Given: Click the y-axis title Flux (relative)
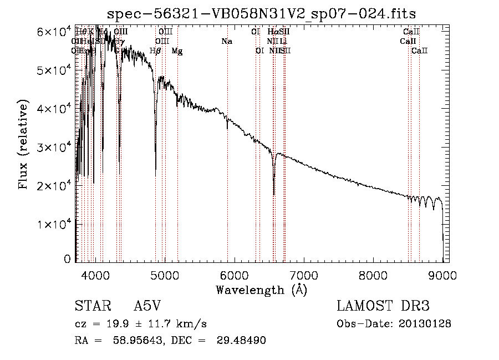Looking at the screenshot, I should (x=23, y=145).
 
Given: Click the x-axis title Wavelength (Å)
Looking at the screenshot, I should (x=261, y=290).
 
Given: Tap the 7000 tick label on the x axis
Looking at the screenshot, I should (x=304, y=275).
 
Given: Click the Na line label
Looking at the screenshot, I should (x=226, y=41).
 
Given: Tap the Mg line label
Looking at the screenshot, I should (x=177, y=51).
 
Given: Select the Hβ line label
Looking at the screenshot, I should (x=155, y=51).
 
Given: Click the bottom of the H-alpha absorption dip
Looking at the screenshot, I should (x=274, y=194).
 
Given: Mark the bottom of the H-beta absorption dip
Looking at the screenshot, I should (x=155, y=175).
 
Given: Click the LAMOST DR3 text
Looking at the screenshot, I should (x=383, y=307).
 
